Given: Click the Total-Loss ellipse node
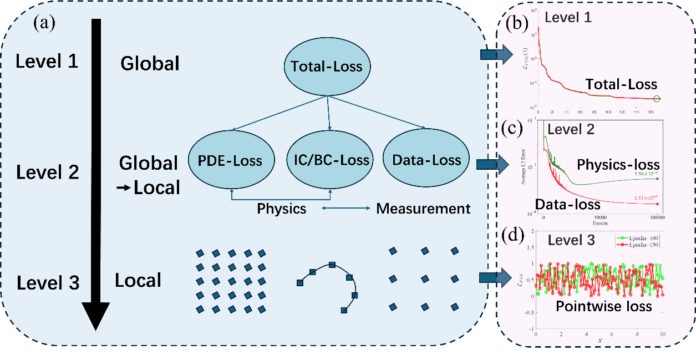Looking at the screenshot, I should coord(327,67).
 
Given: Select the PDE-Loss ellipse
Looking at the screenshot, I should coord(230,161).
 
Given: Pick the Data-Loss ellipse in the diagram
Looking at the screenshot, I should coord(426,161).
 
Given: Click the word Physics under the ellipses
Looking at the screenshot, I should coord(281,209).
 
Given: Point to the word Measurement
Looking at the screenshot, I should coord(423,209).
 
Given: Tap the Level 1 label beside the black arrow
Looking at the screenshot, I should coord(47,61).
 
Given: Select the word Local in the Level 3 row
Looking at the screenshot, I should coord(138,280).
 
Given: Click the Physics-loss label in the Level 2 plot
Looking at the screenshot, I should coord(618,164).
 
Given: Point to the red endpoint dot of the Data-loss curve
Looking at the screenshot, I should coord(657,204).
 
